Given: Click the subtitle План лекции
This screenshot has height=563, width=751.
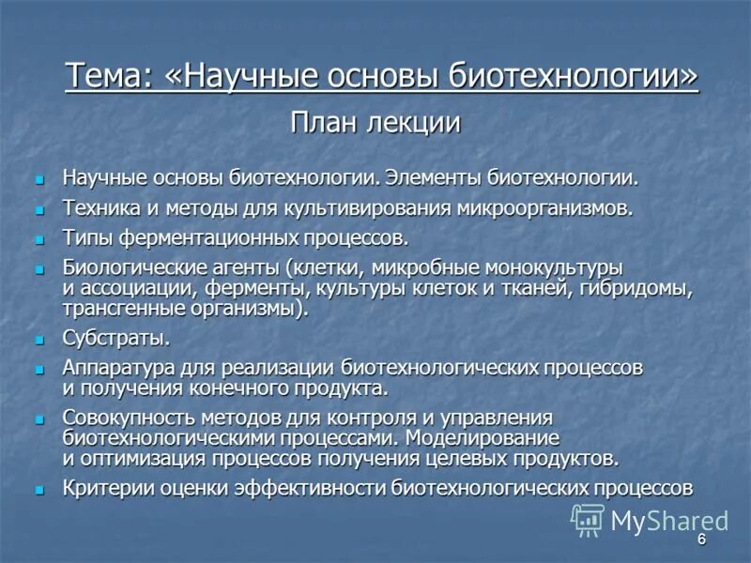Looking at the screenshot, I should tap(375, 122).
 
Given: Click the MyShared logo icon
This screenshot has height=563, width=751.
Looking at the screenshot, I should tap(588, 520).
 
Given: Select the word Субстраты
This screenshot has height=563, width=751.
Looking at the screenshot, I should tap(115, 338).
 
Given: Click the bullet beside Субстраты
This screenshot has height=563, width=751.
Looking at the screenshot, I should tap(39, 340).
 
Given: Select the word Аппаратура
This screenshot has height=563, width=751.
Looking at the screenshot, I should tap(119, 367).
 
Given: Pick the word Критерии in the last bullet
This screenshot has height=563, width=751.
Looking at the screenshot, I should tap(104, 488).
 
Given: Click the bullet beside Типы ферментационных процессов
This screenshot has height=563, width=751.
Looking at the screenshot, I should tap(39, 239).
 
